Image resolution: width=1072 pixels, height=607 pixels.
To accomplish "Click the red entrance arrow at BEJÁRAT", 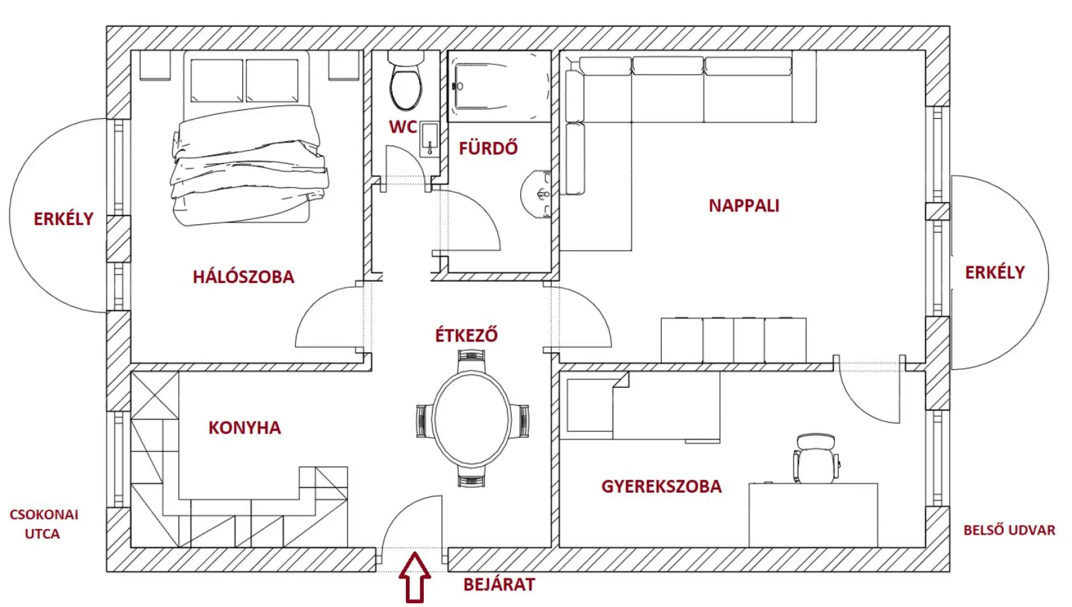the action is [x=415, y=577].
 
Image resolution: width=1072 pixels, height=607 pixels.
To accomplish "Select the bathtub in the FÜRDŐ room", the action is [x=499, y=86].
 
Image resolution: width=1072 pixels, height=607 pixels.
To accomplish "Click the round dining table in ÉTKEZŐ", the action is [x=472, y=418].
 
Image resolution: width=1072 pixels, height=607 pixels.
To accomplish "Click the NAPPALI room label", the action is [x=744, y=206].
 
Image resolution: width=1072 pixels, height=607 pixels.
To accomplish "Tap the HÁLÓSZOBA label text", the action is [x=243, y=277].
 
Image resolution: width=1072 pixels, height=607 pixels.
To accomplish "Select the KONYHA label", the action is [x=245, y=428].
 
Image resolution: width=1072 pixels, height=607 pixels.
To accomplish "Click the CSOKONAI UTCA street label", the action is [x=44, y=524].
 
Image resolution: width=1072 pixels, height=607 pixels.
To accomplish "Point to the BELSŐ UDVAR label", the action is [x=1009, y=530].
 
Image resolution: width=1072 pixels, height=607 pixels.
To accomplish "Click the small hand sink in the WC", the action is [x=429, y=138].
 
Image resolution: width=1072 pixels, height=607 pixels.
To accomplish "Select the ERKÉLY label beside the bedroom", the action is [x=64, y=219].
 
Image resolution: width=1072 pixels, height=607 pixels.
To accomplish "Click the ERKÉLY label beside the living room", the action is [x=995, y=272].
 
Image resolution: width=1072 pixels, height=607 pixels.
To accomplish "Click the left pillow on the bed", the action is [x=217, y=81].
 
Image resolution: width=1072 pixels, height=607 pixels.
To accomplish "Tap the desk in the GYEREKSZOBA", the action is [x=813, y=515].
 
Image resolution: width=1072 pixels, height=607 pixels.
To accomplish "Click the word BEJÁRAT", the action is [x=499, y=585].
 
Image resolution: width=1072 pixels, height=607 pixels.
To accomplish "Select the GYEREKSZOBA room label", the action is [x=662, y=486].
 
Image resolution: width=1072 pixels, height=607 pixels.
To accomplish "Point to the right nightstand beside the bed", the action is [x=343, y=66].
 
